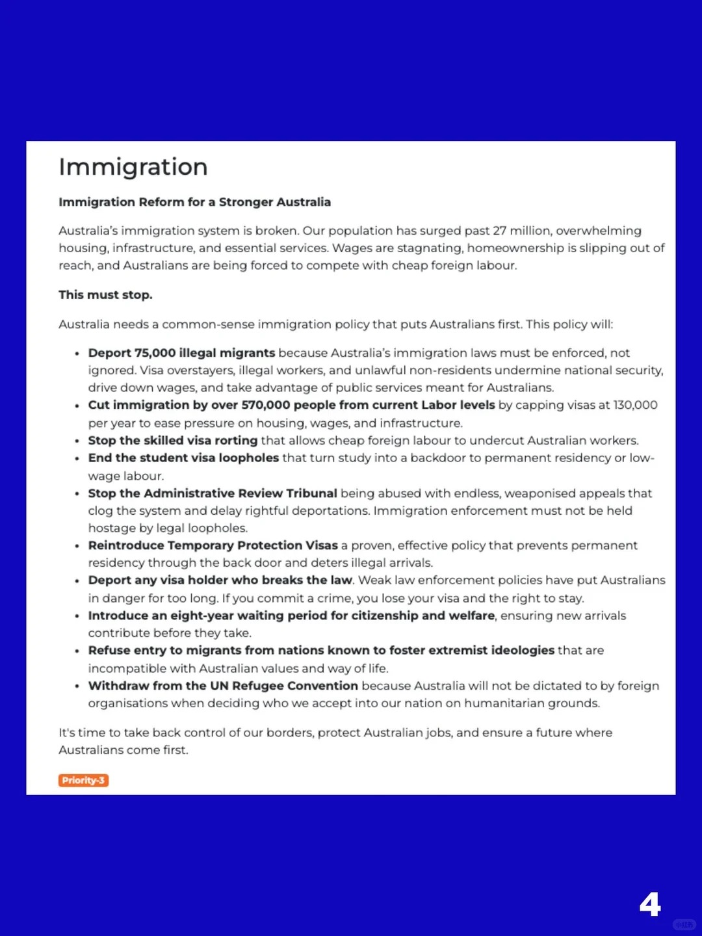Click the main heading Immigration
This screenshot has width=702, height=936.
point(133,167)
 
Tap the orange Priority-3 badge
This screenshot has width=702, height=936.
point(83,780)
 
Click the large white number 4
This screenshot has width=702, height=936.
point(649,904)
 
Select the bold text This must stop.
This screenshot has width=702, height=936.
point(105,294)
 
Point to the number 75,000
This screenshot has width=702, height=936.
point(155,353)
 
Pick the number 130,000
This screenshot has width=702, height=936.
point(635,405)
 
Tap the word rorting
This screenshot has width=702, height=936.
point(236,440)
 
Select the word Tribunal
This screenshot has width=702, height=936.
point(311,493)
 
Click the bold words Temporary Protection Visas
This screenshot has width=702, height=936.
point(255,545)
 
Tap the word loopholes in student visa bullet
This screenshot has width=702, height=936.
point(248,458)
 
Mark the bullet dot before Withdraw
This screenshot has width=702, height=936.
point(77,686)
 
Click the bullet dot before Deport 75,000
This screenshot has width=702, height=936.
point(77,354)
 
